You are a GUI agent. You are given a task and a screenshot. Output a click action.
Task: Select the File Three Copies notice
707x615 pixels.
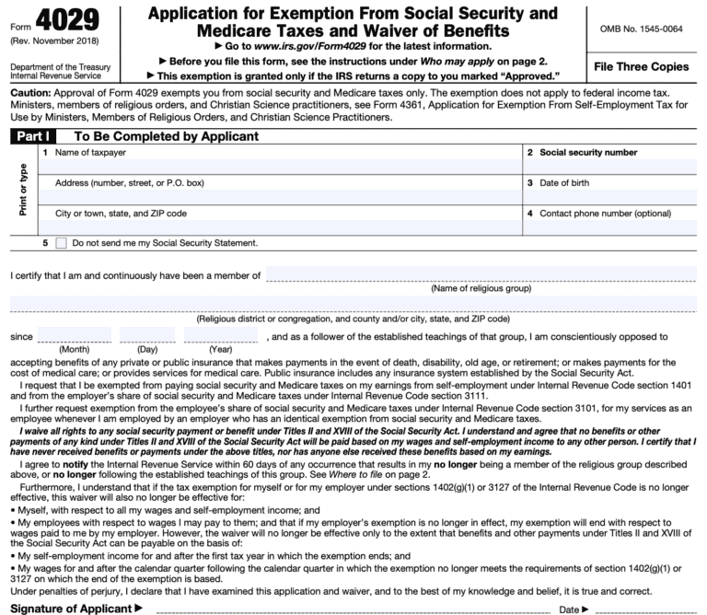tap(641, 67)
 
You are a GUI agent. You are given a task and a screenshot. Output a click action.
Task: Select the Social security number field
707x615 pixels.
tap(610, 167)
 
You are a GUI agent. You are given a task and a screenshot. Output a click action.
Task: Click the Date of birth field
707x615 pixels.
tap(610, 197)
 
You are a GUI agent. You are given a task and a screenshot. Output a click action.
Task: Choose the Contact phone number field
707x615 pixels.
tap(610, 227)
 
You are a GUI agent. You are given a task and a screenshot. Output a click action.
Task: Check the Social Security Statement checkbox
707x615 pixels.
tap(62, 243)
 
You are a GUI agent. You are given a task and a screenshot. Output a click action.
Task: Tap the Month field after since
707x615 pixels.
tap(74, 335)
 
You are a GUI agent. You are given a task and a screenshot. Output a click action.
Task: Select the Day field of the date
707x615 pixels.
tap(147, 335)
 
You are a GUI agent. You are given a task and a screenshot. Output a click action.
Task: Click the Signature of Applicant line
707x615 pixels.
tap(350, 608)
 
